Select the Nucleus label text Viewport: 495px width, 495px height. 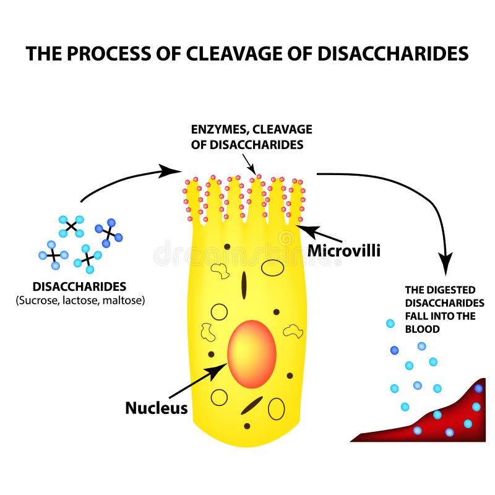[x=156, y=408]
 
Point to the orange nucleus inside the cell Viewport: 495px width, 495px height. [x=251, y=353]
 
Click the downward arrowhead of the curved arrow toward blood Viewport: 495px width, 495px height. [x=445, y=260]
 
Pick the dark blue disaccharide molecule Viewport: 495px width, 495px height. [x=108, y=231]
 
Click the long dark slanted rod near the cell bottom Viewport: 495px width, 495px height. [x=251, y=405]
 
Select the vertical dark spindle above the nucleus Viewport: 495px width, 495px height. [x=244, y=285]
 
